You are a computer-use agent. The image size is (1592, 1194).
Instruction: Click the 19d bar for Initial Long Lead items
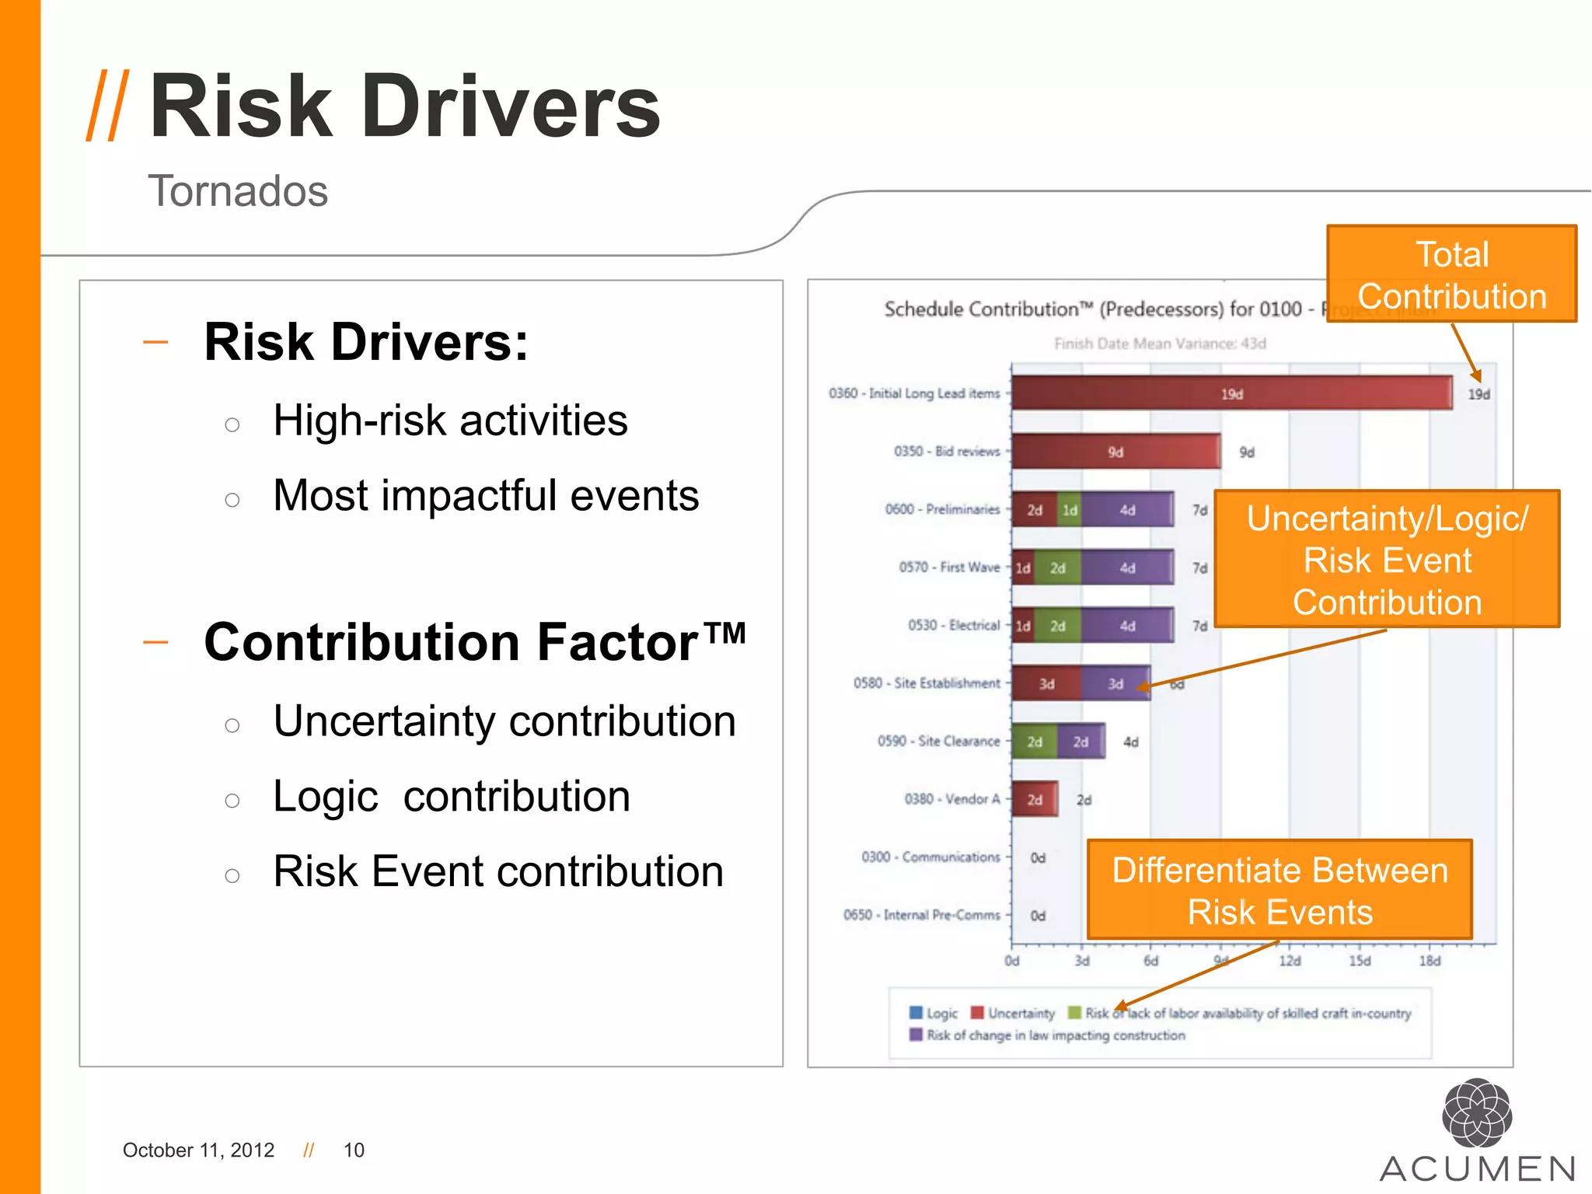[1231, 393]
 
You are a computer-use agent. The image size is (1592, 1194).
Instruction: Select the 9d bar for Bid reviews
[1115, 452]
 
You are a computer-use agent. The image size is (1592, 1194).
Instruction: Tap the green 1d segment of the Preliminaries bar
[1070, 510]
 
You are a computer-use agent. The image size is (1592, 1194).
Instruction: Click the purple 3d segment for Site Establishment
[1115, 684]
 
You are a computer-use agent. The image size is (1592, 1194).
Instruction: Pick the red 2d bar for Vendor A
[1035, 799]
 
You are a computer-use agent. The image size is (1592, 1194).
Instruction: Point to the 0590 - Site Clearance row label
[938, 742]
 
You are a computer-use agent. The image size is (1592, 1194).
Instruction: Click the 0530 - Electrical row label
[953, 626]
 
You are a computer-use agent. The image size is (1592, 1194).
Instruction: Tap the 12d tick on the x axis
[1290, 961]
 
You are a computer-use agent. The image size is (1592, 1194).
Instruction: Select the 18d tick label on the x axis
[1430, 961]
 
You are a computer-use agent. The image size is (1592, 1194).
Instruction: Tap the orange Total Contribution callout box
[1451, 274]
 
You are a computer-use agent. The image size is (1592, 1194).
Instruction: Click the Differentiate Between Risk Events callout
[1280, 891]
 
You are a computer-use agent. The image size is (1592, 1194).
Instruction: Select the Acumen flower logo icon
[1476, 1113]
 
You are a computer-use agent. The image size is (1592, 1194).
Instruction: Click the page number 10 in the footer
[354, 1150]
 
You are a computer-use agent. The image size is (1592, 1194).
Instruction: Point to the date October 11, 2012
[198, 1150]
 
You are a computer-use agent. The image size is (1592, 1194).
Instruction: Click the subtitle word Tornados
[238, 191]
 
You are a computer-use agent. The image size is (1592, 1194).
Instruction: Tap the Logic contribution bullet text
[451, 797]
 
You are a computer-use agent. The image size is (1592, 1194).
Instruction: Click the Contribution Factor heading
[474, 643]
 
